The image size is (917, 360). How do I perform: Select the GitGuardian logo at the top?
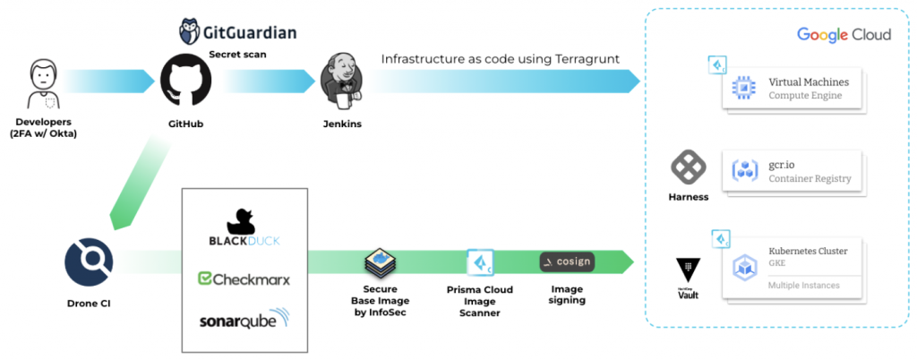pyautogui.click(x=237, y=33)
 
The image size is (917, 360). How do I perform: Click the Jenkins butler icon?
pyautogui.click(x=342, y=81)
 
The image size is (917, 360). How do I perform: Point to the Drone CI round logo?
pyautogui.click(x=88, y=261)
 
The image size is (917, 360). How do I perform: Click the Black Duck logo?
pyautogui.click(x=244, y=229)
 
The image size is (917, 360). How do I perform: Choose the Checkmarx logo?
pyautogui.click(x=244, y=279)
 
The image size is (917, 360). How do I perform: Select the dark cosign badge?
pyautogui.click(x=566, y=262)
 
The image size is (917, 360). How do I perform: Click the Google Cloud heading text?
pyautogui.click(x=844, y=34)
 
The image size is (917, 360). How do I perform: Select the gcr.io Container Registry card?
pyautogui.click(x=793, y=171)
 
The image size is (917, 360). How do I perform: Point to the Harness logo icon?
pyautogui.click(x=689, y=167)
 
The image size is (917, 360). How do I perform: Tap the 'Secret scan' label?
pyautogui.click(x=236, y=54)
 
